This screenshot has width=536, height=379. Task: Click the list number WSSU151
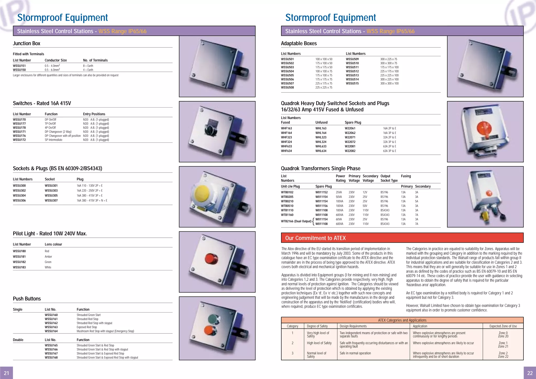coord(19,66)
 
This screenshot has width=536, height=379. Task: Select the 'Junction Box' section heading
coord(26,43)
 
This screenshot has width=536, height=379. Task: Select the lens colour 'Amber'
coord(48,257)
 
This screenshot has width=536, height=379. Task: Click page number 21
coord(6,373)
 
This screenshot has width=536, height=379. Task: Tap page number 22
coord(530,373)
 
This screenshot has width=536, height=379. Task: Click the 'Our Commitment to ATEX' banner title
coord(315,238)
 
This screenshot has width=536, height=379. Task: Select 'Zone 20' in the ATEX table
coord(503,336)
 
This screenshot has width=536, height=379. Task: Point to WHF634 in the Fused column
coord(286,151)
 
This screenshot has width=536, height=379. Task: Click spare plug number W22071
coord(350,137)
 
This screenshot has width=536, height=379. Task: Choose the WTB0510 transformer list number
coord(287,206)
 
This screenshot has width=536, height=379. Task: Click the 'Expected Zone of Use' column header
coord(503,326)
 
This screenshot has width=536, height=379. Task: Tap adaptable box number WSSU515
coord(352,83)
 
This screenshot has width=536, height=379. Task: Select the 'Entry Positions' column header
coord(94,114)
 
